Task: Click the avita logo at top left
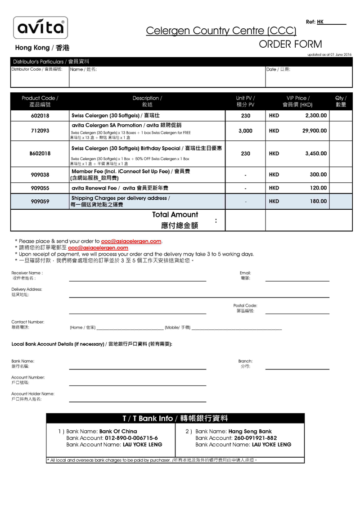(40, 28)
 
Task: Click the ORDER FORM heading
(290, 44)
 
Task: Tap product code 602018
(40, 116)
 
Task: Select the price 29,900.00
(315, 131)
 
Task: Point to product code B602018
(40, 153)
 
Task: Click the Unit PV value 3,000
(245, 131)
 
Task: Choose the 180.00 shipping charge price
(318, 202)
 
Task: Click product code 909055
(40, 188)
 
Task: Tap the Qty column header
(341, 101)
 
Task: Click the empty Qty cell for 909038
(341, 175)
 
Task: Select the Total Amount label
(175, 215)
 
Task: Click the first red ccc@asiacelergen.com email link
(131, 241)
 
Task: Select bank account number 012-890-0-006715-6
(131, 438)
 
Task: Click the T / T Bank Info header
(175, 419)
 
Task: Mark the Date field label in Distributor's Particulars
(278, 69)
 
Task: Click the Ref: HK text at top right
(315, 22)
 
